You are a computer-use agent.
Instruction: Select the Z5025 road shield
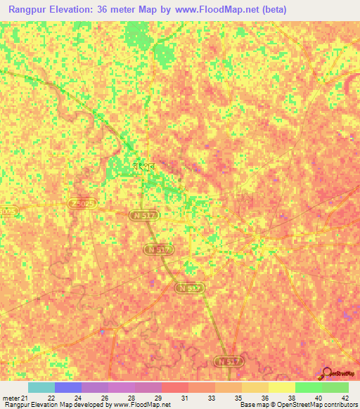[82, 203]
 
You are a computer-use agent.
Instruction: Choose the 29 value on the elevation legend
[161, 398]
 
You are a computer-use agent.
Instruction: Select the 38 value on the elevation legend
[292, 398]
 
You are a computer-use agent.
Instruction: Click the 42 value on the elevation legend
[345, 398]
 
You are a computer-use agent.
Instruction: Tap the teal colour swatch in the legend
[41, 387]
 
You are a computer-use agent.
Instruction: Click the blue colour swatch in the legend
[68, 387]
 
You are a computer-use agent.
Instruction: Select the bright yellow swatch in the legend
[282, 387]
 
